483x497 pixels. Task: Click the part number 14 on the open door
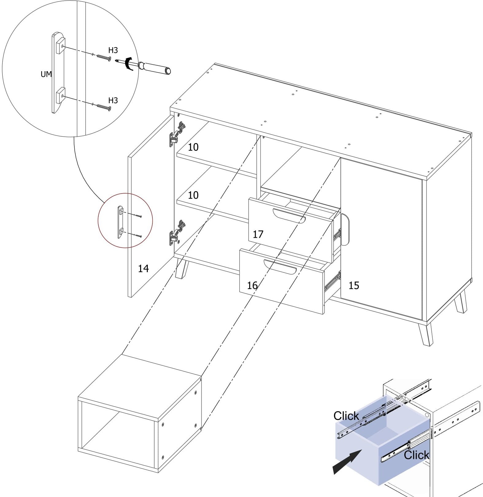[x=143, y=269]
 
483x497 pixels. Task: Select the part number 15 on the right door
[x=354, y=286]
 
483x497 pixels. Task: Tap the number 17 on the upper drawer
[x=258, y=234]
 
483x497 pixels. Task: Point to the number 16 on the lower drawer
[x=252, y=286]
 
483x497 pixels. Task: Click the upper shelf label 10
[x=193, y=147]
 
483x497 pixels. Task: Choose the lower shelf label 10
[x=193, y=195]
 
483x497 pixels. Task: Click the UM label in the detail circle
[x=46, y=74]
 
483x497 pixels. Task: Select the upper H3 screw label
[x=113, y=50]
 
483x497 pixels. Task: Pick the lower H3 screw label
[x=113, y=100]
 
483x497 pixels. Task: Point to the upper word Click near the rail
[x=346, y=416]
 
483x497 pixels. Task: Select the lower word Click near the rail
[x=416, y=455]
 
